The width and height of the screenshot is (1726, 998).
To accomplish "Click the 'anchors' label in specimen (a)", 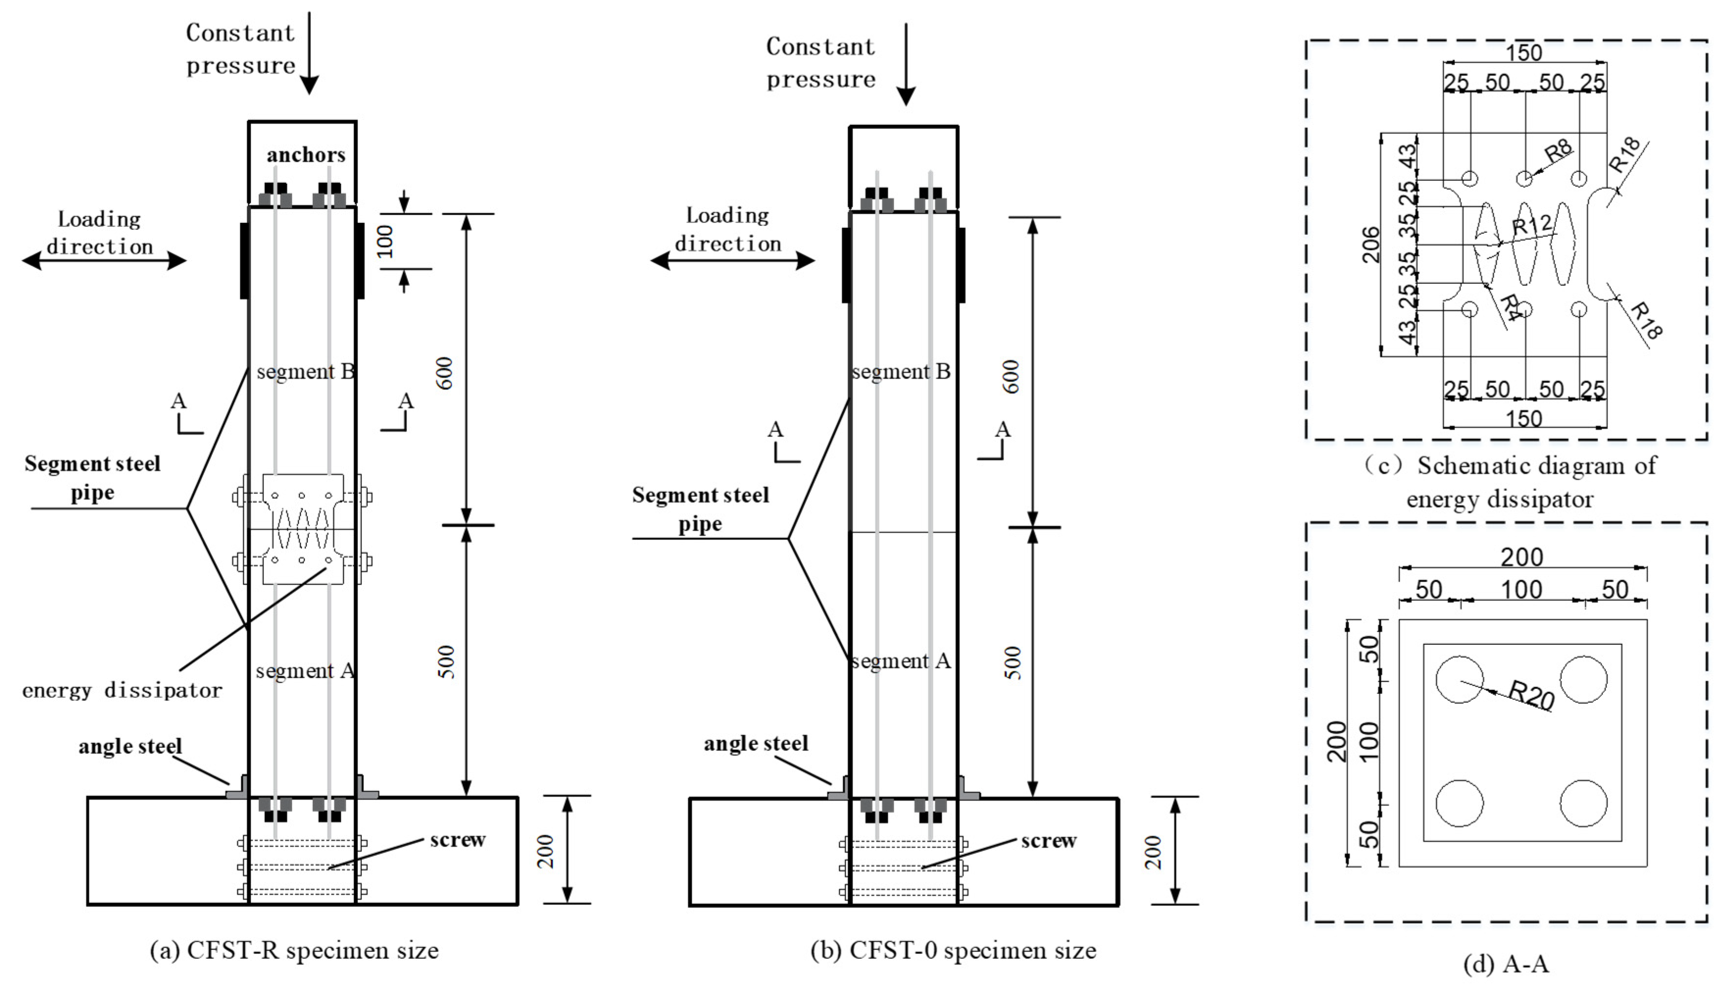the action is coord(306,155).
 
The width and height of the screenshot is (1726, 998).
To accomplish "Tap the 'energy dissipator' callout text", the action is coord(123,690).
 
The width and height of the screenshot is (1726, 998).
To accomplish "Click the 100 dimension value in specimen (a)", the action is coord(386,241).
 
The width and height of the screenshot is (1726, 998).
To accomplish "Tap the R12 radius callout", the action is coord(1531,225).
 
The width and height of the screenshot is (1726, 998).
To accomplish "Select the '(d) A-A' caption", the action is coord(1506,964).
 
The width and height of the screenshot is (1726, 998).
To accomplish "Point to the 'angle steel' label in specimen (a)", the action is coord(130,747).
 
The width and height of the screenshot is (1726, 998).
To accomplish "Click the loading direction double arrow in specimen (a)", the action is coord(104,260).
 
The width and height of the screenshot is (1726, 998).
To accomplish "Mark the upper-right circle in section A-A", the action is coord(1583,680).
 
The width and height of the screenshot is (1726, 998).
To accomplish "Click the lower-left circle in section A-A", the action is coord(1459,803).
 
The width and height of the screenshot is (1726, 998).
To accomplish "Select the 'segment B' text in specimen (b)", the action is coord(901,372).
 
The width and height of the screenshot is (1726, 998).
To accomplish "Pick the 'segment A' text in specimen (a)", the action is coord(305,671).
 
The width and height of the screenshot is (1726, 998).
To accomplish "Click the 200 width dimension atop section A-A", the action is coord(1522,558).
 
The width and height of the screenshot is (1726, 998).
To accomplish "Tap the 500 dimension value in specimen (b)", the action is coord(1011,662).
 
